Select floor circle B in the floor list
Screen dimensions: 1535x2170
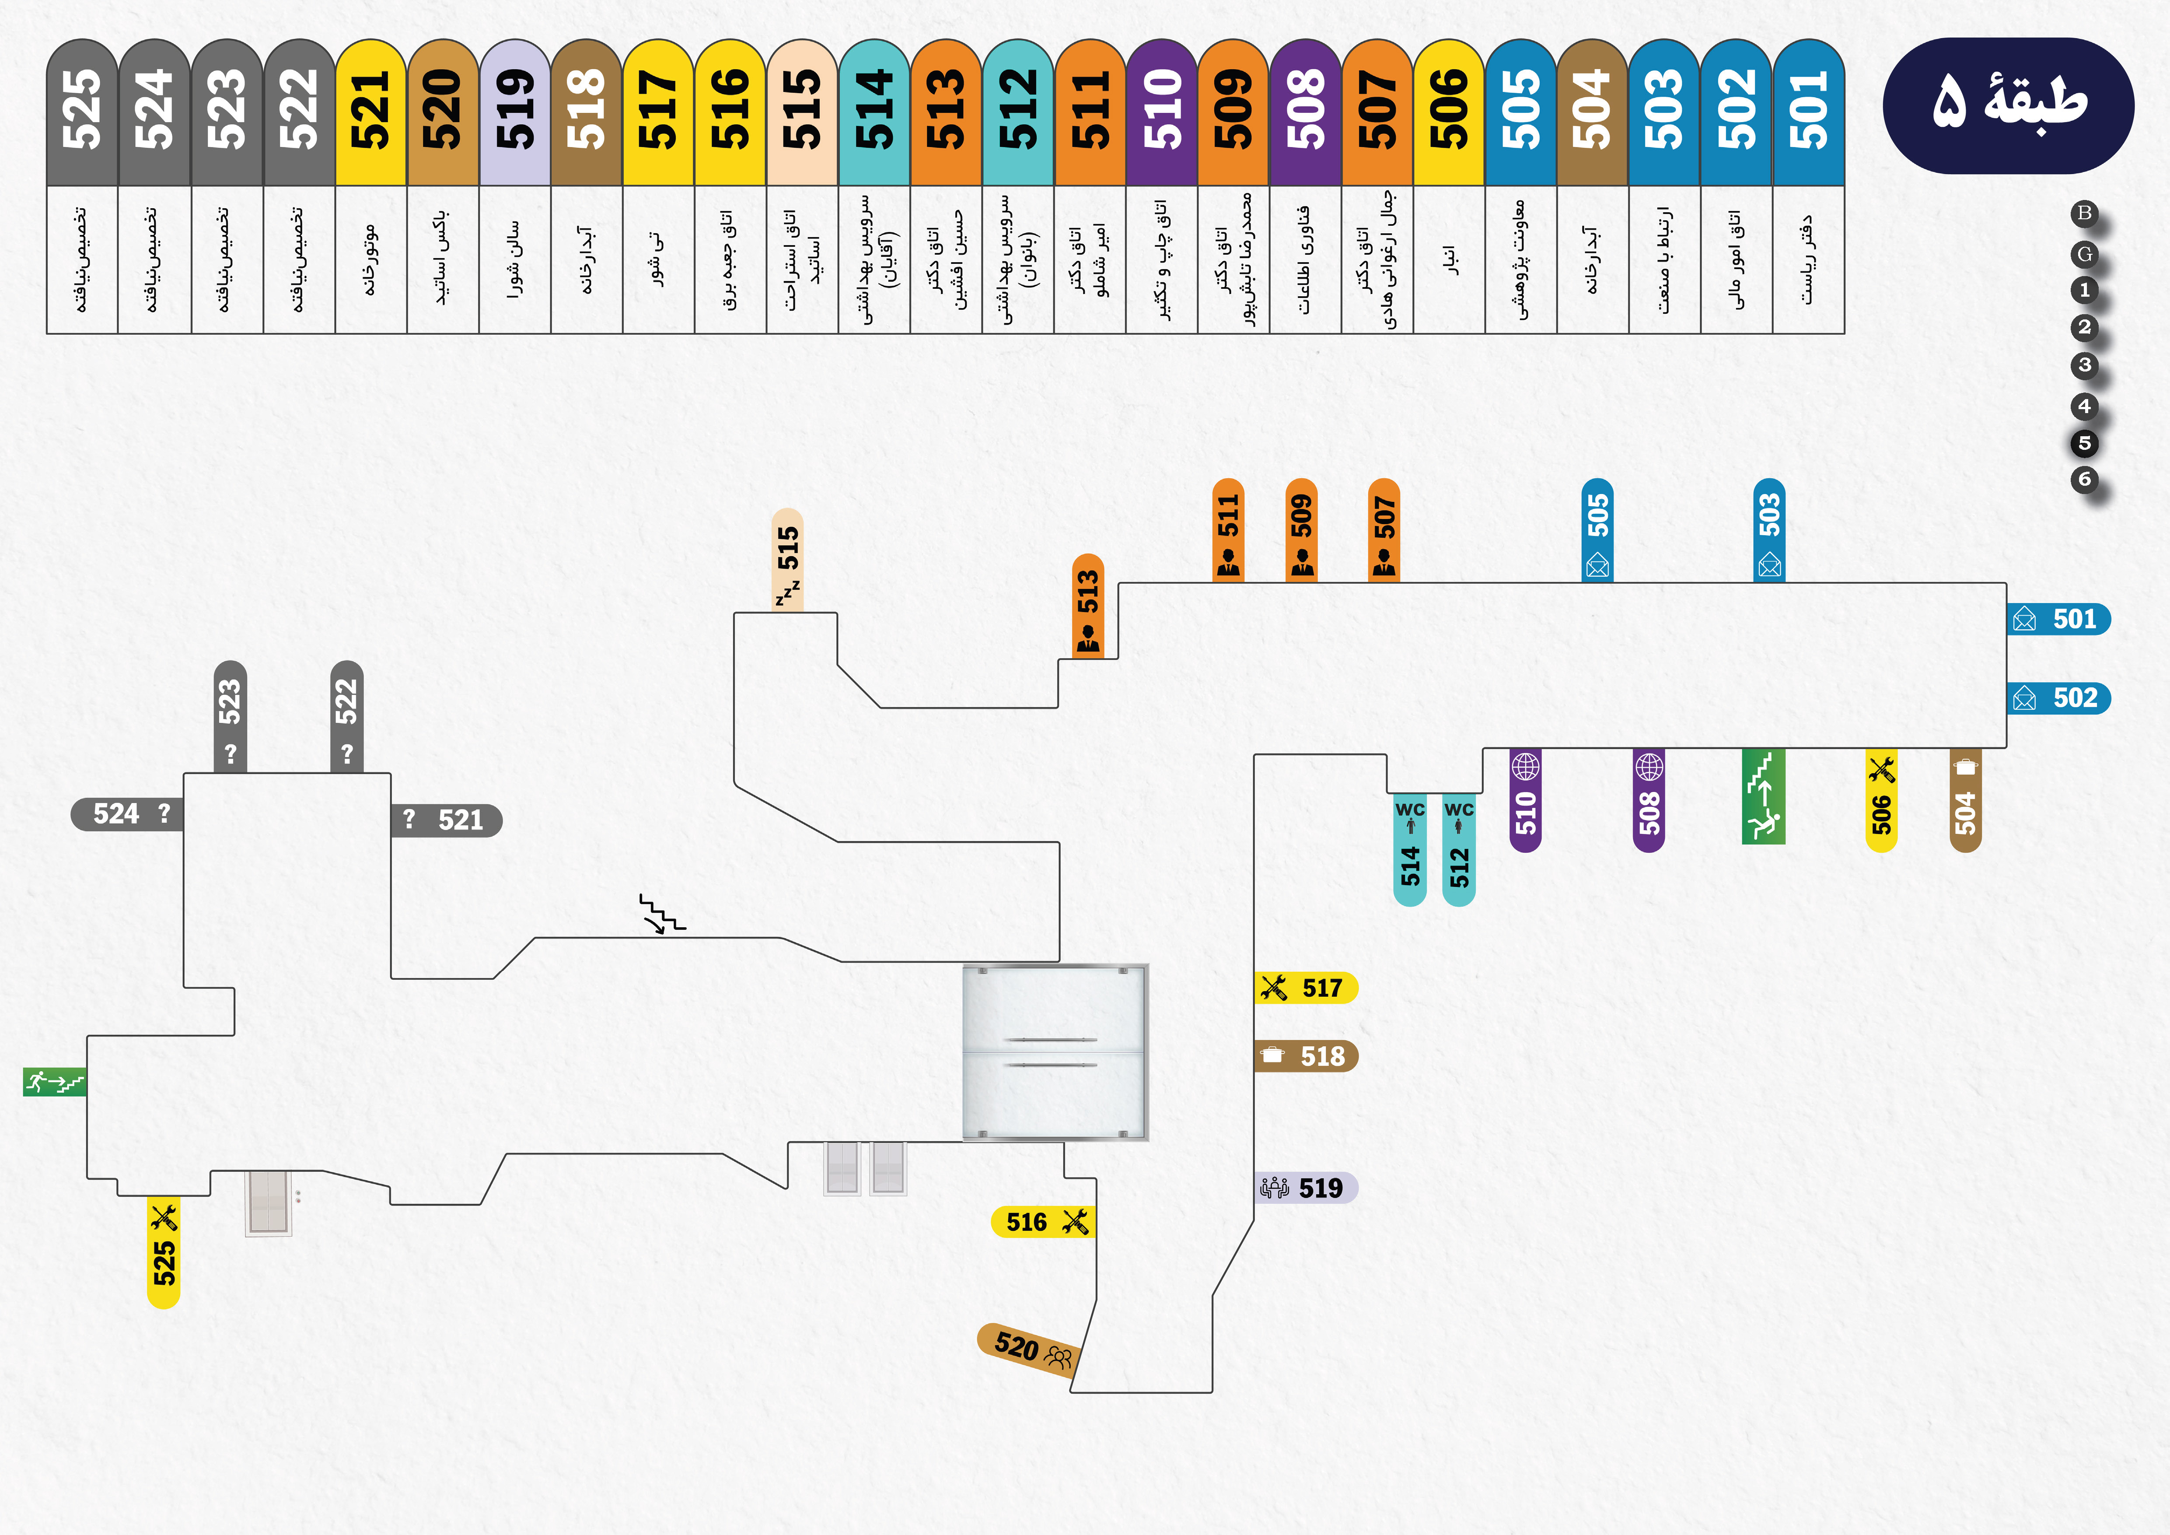click(2084, 214)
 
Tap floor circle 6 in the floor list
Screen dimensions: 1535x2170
click(2084, 479)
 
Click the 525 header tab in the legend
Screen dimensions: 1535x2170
click(82, 112)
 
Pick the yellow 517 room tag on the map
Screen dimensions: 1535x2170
click(1306, 988)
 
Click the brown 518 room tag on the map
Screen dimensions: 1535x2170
click(1306, 1056)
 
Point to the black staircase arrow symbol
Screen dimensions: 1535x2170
click(661, 914)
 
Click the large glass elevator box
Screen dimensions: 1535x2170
click(1055, 1052)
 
